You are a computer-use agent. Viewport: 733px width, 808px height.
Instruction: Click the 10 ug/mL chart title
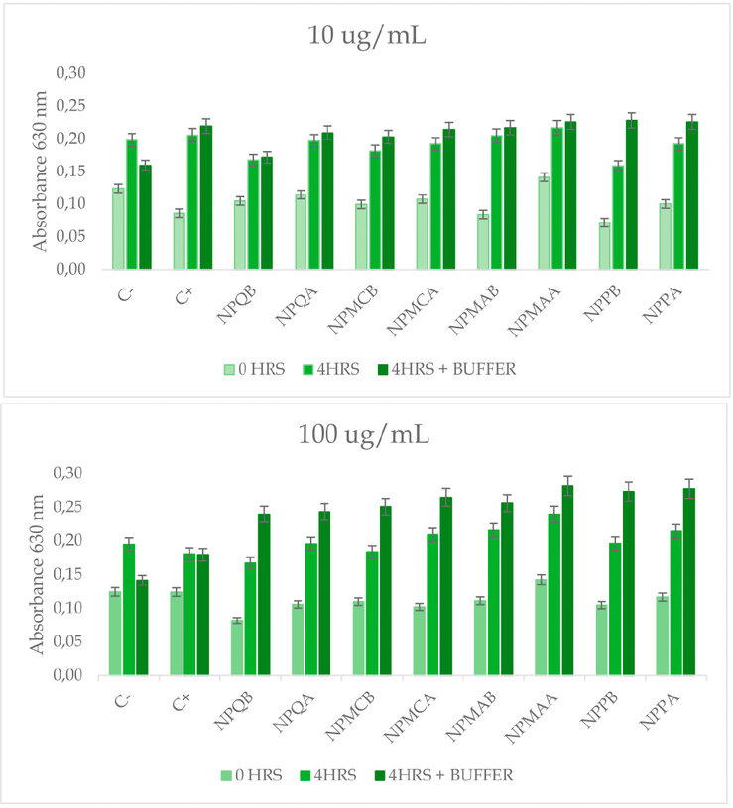366,38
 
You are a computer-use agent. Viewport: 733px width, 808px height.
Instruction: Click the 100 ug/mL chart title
366,435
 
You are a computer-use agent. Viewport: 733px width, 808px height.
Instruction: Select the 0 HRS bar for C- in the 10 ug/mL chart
118,228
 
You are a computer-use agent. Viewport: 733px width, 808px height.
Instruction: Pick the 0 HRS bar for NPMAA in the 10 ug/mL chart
544,223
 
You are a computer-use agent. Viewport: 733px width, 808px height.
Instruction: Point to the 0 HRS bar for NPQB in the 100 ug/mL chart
237,648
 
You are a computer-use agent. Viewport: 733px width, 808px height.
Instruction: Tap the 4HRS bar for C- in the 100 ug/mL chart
129,610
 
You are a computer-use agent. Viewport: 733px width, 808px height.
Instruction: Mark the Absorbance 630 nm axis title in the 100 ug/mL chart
37,573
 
